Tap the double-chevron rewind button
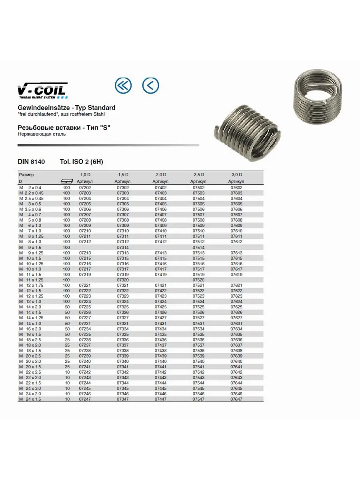pos(123,85)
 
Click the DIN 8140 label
pos(31,162)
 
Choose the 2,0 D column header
pos(161,175)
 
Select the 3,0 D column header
pos(237,175)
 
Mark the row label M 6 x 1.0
pos(30,226)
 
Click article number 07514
pos(199,248)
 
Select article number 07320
pos(123,280)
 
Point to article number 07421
pos(161,285)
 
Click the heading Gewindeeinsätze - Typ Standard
pos(66,108)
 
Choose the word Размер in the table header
pos(26,175)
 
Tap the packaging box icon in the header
pos(66,181)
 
